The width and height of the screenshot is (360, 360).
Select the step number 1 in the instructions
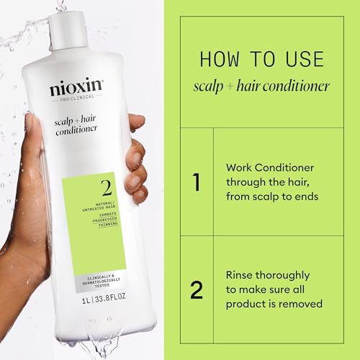coord(195,182)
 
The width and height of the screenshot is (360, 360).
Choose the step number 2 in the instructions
coord(195,289)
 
